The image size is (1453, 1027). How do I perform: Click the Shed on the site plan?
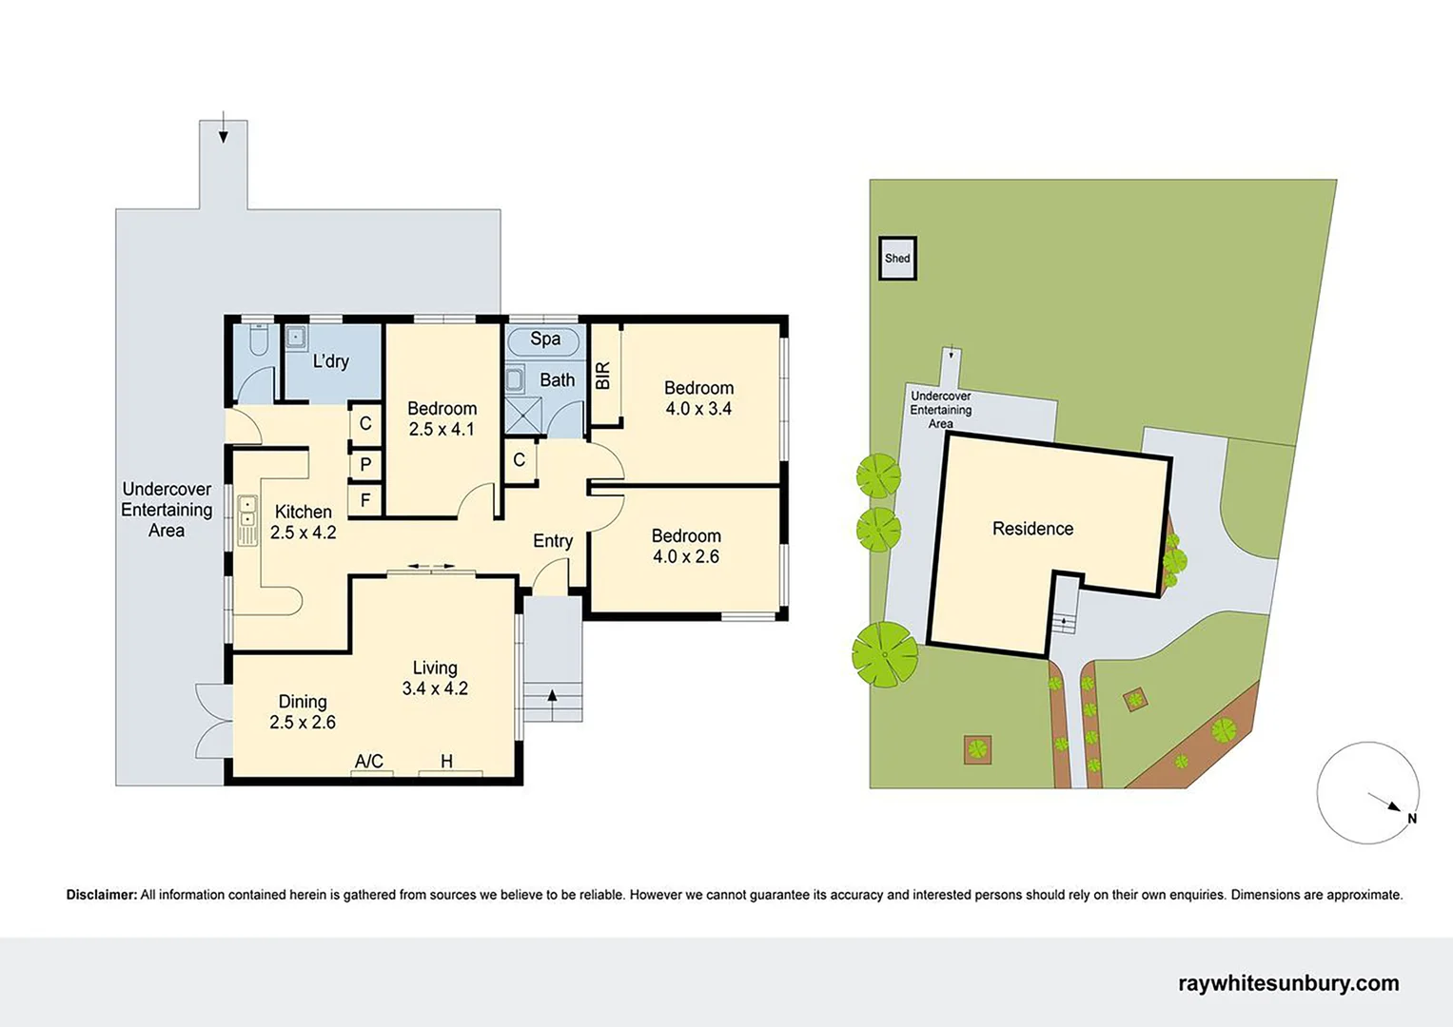coord(896,258)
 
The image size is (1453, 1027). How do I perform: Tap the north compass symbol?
coord(1367,793)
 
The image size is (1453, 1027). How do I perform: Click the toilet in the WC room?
coord(256,340)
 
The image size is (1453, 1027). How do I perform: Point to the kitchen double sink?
coord(247,520)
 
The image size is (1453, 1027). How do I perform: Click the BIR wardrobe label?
coord(602,376)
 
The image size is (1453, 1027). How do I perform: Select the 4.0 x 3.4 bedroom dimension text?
coord(698,409)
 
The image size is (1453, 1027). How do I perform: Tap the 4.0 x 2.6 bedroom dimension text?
coord(685,557)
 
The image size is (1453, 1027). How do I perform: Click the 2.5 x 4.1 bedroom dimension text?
coord(442,430)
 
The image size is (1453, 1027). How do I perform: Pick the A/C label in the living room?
coord(369,762)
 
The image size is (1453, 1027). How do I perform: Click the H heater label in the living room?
coord(446,762)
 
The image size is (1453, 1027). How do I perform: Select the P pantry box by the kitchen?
coord(365,465)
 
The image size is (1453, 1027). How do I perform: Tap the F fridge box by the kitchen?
coord(365,500)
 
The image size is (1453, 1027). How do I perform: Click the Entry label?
coord(552,541)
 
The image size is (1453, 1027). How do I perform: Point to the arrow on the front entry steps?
coord(552,696)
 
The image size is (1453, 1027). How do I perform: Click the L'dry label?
coord(330,361)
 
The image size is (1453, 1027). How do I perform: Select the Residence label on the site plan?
coord(1032,529)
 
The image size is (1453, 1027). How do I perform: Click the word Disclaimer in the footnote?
coord(102,895)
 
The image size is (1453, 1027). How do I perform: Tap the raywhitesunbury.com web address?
coord(1288,983)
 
